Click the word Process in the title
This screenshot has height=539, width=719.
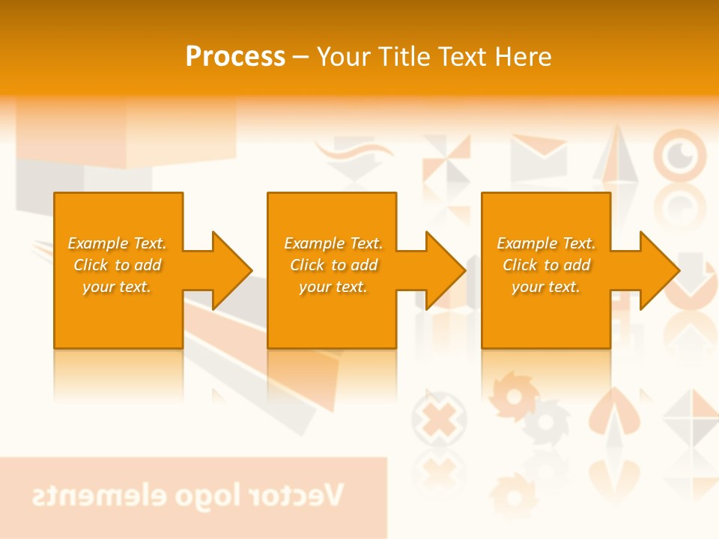click(235, 57)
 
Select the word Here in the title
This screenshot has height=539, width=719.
click(522, 57)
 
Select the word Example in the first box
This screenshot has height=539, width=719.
click(97, 243)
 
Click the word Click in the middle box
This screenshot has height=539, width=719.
click(308, 265)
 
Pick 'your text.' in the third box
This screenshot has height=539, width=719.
click(546, 287)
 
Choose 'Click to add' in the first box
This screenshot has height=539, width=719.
click(118, 265)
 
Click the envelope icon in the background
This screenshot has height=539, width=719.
click(539, 156)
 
